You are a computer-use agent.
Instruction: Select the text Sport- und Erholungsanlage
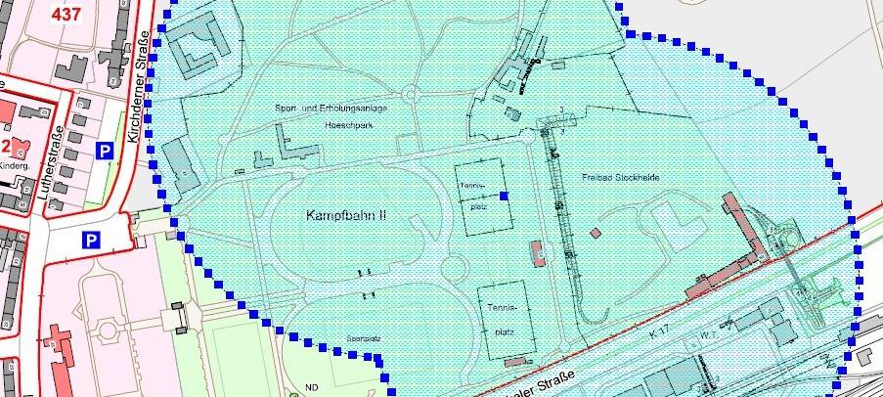pyautogui.click(x=332, y=107)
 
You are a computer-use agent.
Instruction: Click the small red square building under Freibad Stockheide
pyautogui.click(x=595, y=233)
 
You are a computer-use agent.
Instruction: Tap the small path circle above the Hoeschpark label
pyautogui.click(x=410, y=94)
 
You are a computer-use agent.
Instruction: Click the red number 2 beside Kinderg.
pyautogui.click(x=5, y=147)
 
